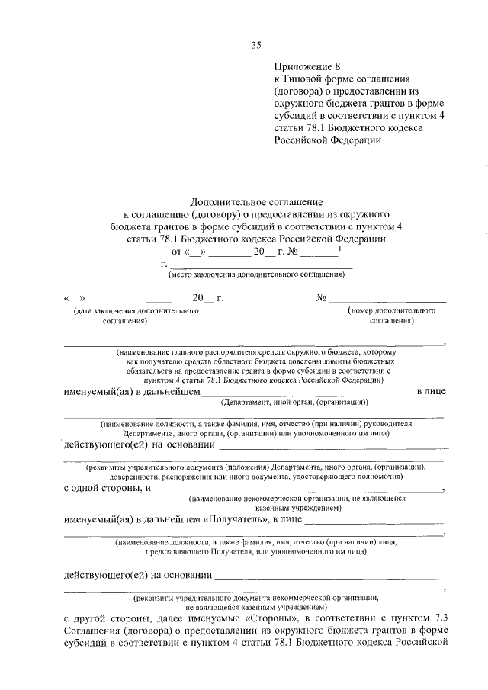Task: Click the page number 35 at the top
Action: tap(256, 45)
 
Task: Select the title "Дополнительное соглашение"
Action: tap(255, 201)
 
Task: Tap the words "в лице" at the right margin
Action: tap(430, 391)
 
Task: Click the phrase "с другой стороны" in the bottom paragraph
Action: tap(107, 618)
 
